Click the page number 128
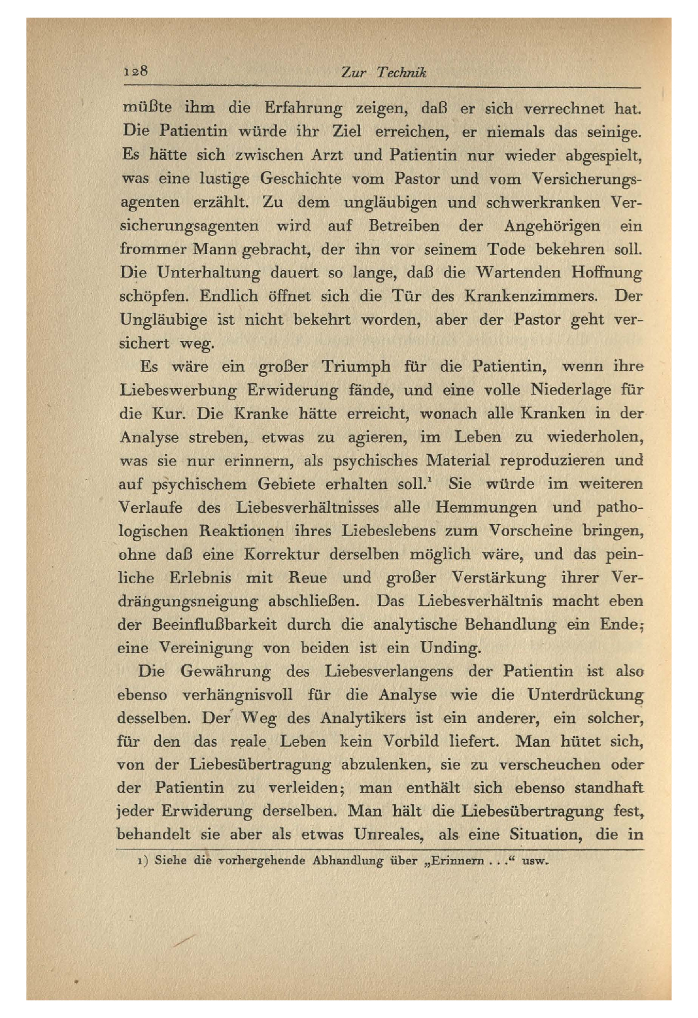[135, 70]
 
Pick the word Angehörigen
[551, 226]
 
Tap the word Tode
[506, 249]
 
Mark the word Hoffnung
[607, 273]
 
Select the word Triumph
[356, 367]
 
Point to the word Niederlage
[571, 390]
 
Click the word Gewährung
[225, 671]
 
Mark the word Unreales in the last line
[387, 835]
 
